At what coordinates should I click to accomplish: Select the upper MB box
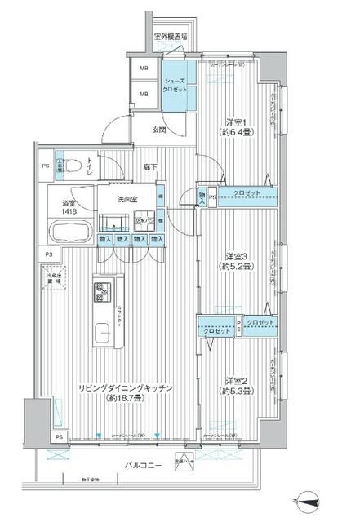pos(144,69)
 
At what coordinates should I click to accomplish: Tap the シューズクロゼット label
pos(178,86)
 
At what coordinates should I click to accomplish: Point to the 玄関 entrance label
pos(160,128)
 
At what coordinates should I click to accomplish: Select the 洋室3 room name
pos(237,255)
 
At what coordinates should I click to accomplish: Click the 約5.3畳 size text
pos(237,391)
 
